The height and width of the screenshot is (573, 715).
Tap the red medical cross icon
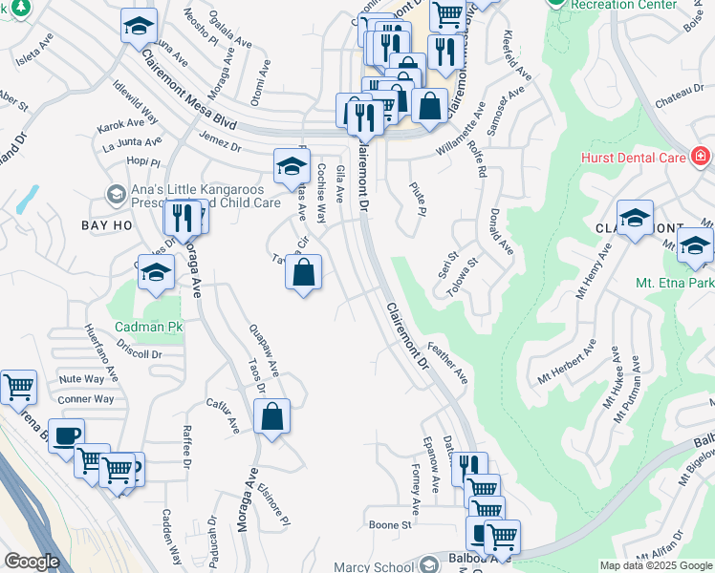pos(700,155)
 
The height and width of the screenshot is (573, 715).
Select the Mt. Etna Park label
pos(675,284)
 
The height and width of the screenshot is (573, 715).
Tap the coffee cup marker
pos(66,435)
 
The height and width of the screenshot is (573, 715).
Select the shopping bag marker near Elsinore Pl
pos(271,416)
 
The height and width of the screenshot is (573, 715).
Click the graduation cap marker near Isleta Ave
pos(140,26)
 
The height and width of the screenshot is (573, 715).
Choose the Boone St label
pos(390,524)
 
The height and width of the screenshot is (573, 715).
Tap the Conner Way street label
pos(86,399)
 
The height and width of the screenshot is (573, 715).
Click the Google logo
pos(32,562)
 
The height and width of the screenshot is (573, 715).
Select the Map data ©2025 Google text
pos(655,565)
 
